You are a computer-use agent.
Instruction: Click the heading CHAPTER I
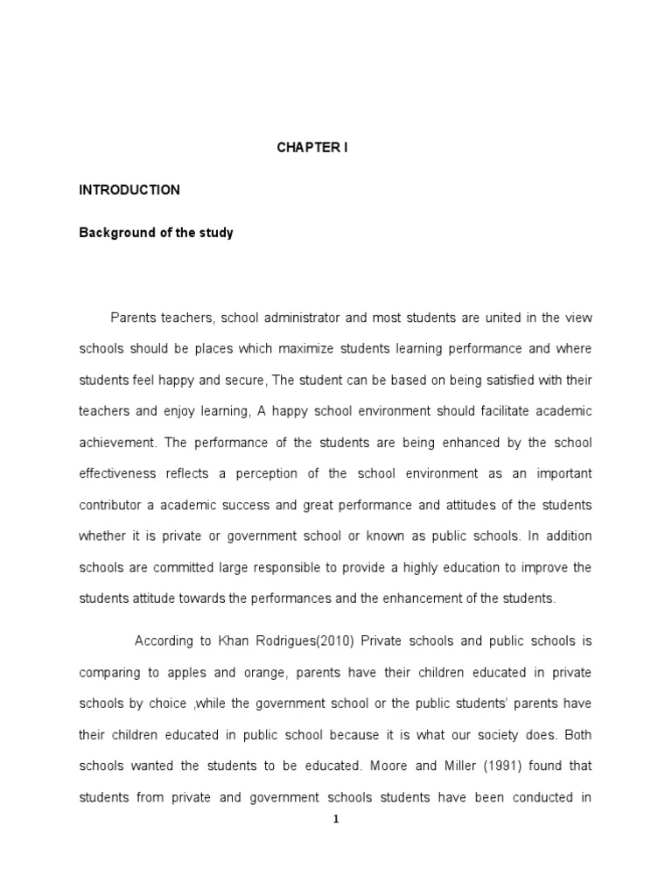[312, 148]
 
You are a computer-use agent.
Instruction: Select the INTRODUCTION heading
[129, 189]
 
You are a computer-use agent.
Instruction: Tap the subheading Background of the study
[157, 234]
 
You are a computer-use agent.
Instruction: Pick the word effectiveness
[117, 473]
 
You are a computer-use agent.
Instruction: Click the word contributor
[110, 505]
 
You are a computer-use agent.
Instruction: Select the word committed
[180, 568]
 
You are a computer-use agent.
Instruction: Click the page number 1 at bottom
[335, 820]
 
